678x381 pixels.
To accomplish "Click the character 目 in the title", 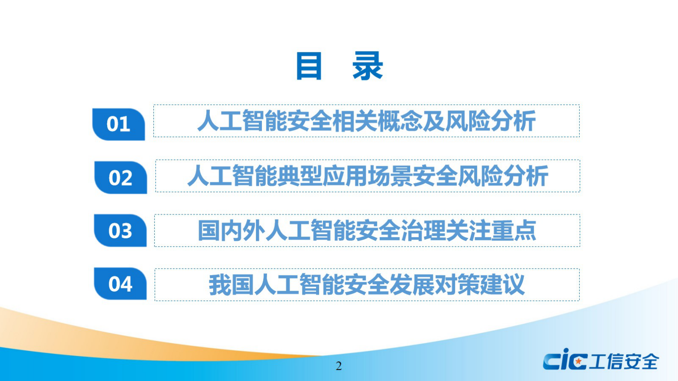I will tap(308, 66).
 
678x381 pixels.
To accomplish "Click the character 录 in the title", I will tap(367, 66).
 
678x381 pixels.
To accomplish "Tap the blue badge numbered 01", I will tap(118, 124).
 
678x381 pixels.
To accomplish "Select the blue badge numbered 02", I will tap(120, 178).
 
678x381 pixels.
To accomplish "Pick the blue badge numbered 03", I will tap(120, 231).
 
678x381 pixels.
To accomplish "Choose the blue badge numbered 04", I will tap(120, 284).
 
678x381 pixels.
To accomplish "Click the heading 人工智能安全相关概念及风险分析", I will tap(366, 121).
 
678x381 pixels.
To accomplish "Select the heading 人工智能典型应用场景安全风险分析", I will tap(367, 176).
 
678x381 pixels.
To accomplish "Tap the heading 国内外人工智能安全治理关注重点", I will tap(367, 231).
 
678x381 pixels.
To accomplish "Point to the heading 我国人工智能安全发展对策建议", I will tap(367, 285).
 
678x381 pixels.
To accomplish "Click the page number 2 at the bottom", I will tap(339, 366).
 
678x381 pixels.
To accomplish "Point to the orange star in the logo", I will tap(578, 362).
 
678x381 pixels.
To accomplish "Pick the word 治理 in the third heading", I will tap(423, 231).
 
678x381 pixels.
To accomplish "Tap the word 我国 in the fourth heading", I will tap(231, 285).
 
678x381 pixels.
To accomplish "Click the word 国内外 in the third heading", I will tap(231, 231).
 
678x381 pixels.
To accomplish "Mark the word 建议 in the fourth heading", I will tap(502, 285).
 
